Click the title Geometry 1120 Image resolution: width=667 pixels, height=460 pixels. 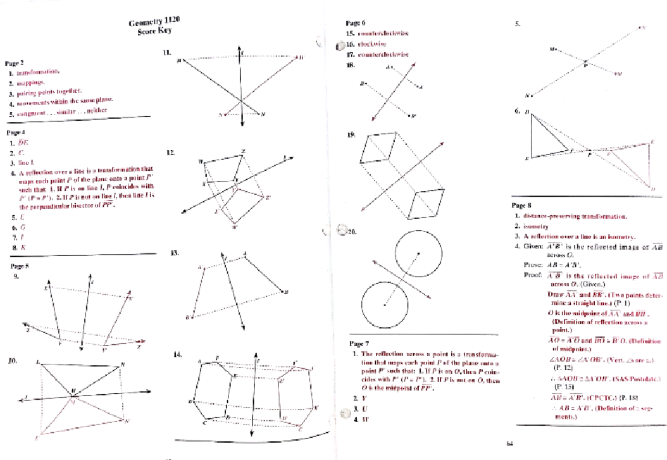(154, 23)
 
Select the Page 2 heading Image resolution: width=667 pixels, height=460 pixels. (14, 63)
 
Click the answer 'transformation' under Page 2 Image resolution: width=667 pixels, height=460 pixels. (41, 72)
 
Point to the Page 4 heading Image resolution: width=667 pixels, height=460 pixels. (14, 133)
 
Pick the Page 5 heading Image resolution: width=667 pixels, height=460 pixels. (20, 266)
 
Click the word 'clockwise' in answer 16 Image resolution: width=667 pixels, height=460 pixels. (372, 44)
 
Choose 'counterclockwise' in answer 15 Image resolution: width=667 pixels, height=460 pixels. (383, 33)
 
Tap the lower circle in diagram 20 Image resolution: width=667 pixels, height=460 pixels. (385, 304)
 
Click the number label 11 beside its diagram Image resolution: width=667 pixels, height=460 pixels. (167, 53)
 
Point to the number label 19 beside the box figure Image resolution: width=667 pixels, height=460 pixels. (350, 135)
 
